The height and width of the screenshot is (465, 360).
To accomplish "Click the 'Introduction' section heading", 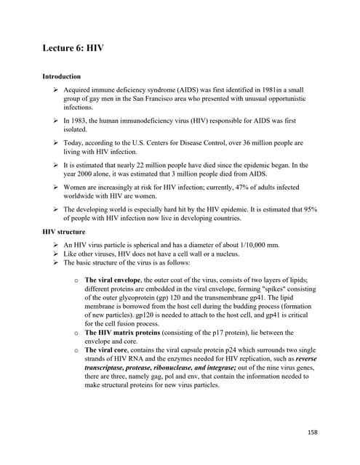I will [x=61, y=76].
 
